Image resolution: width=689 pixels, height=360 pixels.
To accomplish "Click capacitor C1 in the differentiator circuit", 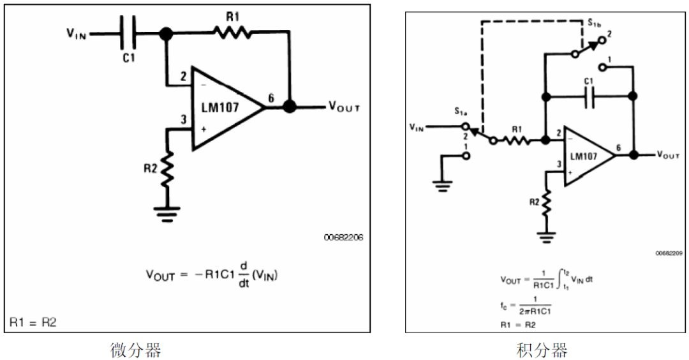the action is [x=128, y=33].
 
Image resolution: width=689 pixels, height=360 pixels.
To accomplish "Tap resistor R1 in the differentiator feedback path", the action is [x=232, y=33].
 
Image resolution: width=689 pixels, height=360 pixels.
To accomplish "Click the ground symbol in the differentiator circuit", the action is [x=167, y=214].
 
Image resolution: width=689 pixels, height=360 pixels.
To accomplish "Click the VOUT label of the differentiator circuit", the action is [x=344, y=107].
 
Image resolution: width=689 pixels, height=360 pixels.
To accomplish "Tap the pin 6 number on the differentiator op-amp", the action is [x=271, y=98].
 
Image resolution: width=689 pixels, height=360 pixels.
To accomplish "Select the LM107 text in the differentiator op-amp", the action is [x=220, y=107].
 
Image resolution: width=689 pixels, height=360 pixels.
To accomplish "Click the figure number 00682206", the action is [x=344, y=237].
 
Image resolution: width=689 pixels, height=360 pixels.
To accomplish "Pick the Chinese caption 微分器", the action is [x=136, y=350].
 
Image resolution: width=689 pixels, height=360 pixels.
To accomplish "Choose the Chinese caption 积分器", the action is [x=542, y=350].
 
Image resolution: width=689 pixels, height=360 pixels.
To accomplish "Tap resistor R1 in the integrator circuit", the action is [x=517, y=140].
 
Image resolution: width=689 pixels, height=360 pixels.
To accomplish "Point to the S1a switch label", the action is [x=461, y=112].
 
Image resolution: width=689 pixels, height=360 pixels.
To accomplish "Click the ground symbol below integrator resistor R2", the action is [x=547, y=237].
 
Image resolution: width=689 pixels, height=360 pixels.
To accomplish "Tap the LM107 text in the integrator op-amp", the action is [x=584, y=156].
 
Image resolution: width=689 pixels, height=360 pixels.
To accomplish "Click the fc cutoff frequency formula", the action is [x=526, y=305].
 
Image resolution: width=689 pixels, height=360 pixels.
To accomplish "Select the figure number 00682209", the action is [x=669, y=253].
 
